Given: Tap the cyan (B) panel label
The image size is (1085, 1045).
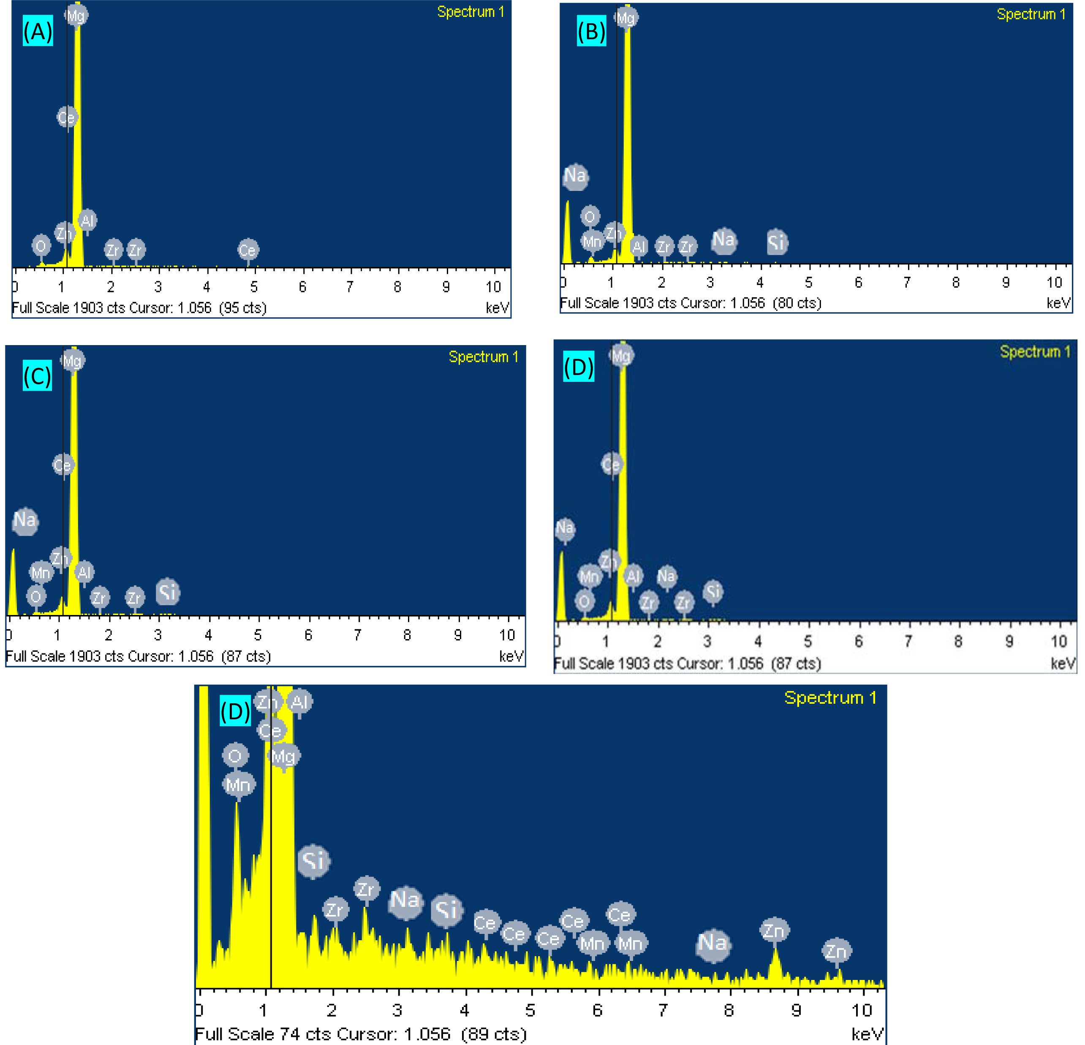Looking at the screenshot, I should pyautogui.click(x=591, y=32).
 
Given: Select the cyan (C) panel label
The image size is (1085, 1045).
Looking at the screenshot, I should pyautogui.click(x=37, y=376).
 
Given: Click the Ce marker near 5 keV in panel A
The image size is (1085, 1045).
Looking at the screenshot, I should pyautogui.click(x=248, y=250).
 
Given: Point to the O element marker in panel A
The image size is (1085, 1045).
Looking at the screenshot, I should pyautogui.click(x=41, y=246).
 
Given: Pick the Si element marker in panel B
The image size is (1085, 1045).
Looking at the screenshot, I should pyautogui.click(x=777, y=242).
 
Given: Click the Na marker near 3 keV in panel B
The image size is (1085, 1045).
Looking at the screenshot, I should pyautogui.click(x=723, y=240).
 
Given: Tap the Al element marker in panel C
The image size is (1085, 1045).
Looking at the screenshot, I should pyautogui.click(x=84, y=572).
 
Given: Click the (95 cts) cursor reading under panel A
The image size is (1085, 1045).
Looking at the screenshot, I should pyautogui.click(x=243, y=308).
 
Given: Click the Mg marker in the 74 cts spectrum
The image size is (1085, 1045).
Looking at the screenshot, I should pyautogui.click(x=284, y=756).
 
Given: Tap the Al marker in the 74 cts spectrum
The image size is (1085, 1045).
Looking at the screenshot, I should pyautogui.click(x=299, y=702).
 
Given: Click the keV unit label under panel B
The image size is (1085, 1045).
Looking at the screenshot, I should pyautogui.click(x=1058, y=303).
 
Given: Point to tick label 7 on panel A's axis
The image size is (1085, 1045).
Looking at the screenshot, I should pyautogui.click(x=350, y=287).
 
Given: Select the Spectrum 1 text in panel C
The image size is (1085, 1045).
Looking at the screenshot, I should pyautogui.click(x=483, y=357).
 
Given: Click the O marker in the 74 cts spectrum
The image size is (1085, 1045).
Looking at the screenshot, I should pyautogui.click(x=235, y=756).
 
